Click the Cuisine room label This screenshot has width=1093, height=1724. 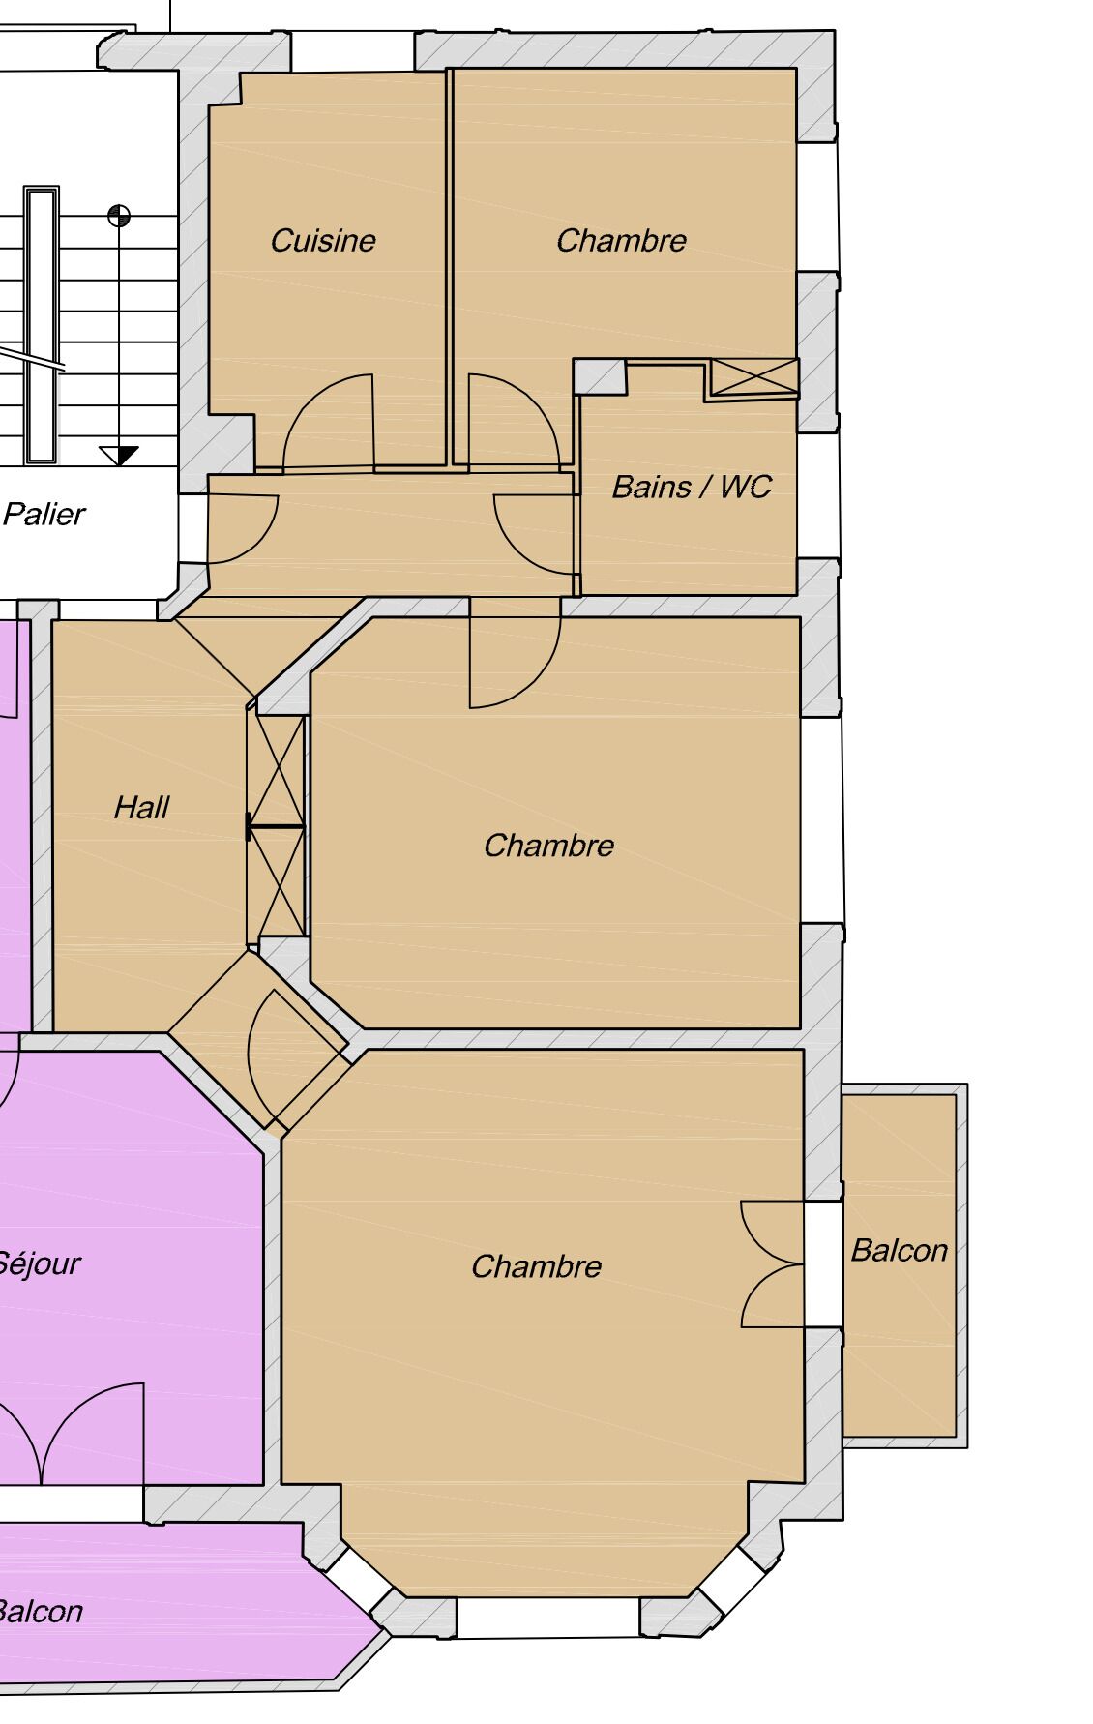323,240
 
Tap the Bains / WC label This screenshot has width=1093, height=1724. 692,486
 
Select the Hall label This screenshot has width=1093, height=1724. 141,807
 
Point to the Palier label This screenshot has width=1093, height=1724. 44,514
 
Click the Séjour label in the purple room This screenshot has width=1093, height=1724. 39,1263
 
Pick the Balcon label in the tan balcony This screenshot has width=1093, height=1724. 899,1250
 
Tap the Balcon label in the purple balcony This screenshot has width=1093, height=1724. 41,1611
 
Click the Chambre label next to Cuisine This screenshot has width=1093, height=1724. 621,240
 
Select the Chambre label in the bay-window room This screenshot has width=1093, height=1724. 536,1265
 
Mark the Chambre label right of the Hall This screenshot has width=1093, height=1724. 548,845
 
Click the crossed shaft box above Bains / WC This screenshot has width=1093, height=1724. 754,377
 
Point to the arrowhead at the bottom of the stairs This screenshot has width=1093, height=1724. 119,456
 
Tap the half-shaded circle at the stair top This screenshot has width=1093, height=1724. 119,215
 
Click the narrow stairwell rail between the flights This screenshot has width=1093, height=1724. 42,324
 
